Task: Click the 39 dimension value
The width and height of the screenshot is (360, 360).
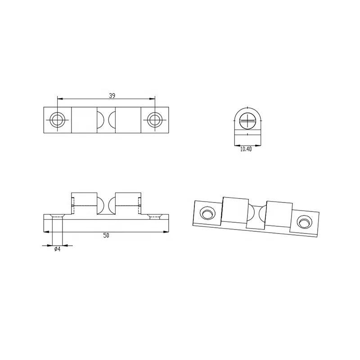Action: pyautogui.click(x=112, y=95)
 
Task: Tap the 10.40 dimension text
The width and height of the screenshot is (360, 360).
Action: pyautogui.click(x=246, y=149)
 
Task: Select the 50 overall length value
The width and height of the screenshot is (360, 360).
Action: pyautogui.click(x=106, y=235)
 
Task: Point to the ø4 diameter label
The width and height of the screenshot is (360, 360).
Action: pyautogui.click(x=58, y=249)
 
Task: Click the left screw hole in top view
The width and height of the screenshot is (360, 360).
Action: pyautogui.click(x=58, y=120)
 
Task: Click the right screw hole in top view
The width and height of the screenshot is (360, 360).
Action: pyautogui.click(x=155, y=120)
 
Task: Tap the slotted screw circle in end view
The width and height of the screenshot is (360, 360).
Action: pyautogui.click(x=247, y=121)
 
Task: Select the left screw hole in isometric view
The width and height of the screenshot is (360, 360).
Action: pyautogui.click(x=207, y=213)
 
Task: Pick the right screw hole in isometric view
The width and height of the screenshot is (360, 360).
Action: pyautogui.click(x=305, y=222)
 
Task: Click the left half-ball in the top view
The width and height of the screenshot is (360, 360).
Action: pyautogui.click(x=100, y=120)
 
